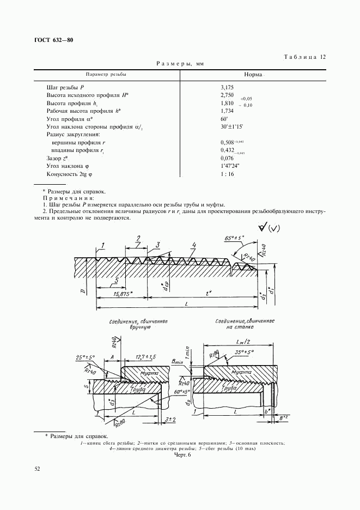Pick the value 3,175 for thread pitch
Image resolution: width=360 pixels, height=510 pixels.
point(227,87)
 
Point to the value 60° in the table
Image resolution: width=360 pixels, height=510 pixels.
point(224,118)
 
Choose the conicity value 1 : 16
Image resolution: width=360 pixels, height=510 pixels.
point(228,174)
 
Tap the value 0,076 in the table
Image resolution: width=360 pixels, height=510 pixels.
point(227,158)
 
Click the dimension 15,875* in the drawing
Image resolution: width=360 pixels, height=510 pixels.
point(125,294)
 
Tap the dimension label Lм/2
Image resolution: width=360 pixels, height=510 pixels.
point(241,339)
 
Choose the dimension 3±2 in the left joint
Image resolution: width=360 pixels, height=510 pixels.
point(170,418)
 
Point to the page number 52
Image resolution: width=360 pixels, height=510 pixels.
point(37,468)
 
